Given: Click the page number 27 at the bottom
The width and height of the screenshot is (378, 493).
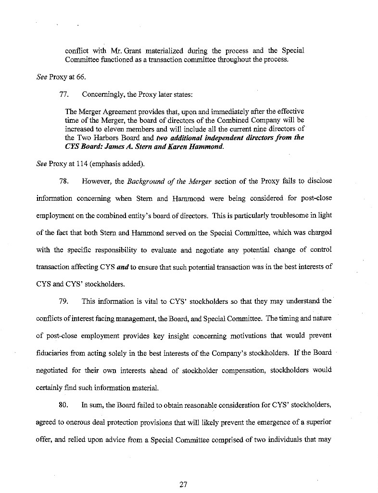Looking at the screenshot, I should [x=183, y=484].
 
